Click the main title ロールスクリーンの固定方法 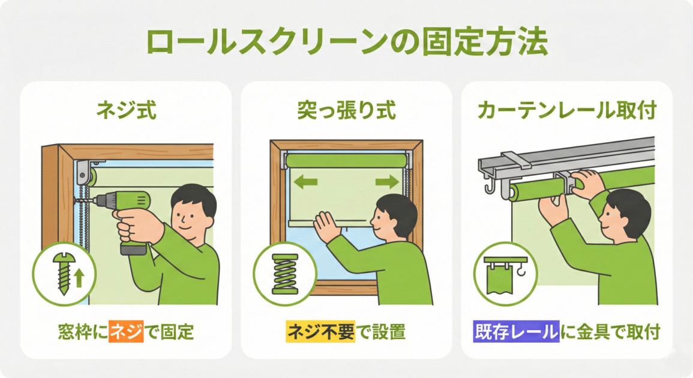pyautogui.click(x=346, y=43)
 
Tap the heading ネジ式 pyautogui.click(x=126, y=112)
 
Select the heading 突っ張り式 pyautogui.click(x=346, y=112)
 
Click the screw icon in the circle pyautogui.click(x=62, y=273)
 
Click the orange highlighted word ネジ pyautogui.click(x=126, y=332)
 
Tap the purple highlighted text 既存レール pyautogui.click(x=515, y=332)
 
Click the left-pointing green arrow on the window pyautogui.click(x=305, y=182)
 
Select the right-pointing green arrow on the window pyautogui.click(x=386, y=182)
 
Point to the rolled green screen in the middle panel pyautogui.click(x=346, y=161)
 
